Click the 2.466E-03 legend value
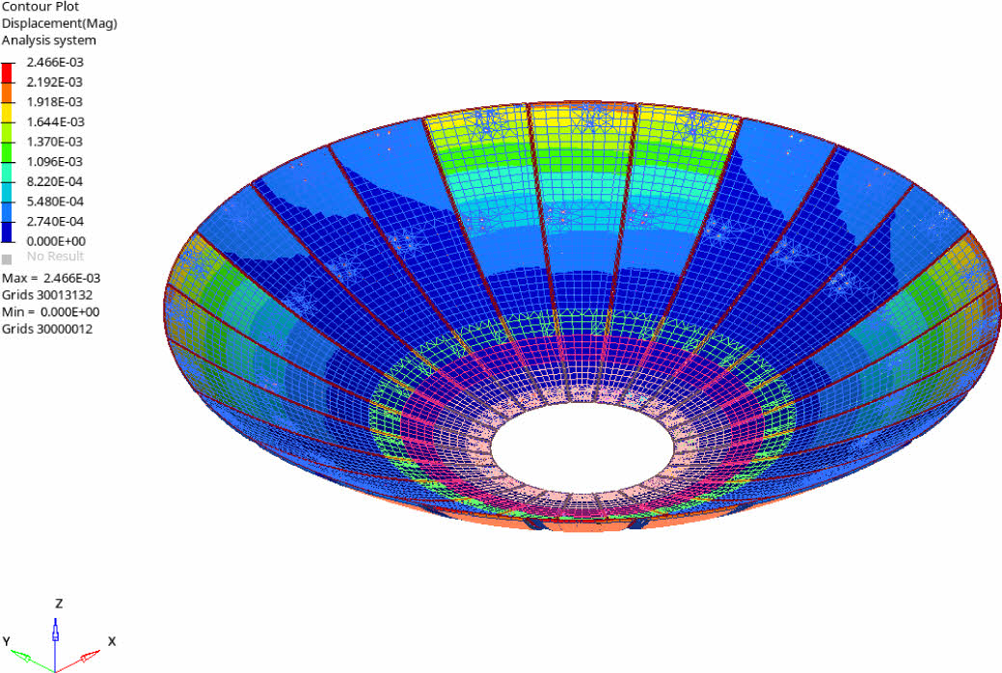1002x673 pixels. pyautogui.click(x=55, y=62)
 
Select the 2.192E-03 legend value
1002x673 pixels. pyautogui.click(x=55, y=82)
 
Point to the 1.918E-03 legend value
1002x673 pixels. pyautogui.click(x=55, y=101)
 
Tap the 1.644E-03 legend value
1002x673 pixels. pyautogui.click(x=55, y=121)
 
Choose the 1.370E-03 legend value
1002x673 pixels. pyautogui.click(x=55, y=141)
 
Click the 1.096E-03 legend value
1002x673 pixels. pyautogui.click(x=55, y=161)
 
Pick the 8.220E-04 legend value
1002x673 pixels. pyautogui.click(x=55, y=181)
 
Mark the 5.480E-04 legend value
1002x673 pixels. pyautogui.click(x=55, y=202)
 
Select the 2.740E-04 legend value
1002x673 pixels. pyautogui.click(x=55, y=221)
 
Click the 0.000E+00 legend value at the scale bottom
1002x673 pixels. pyautogui.click(x=56, y=241)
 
